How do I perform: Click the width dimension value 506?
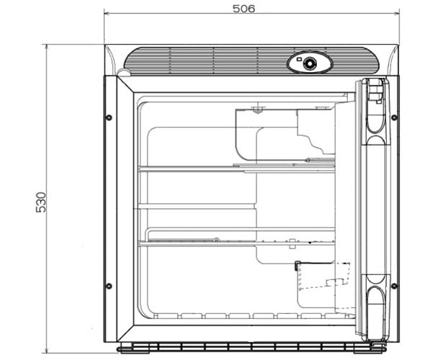pos(243,9)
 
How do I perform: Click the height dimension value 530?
pos(41,202)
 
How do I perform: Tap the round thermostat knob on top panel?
pos(309,63)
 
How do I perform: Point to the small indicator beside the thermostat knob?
pos(299,60)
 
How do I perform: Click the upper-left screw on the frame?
pos(109,117)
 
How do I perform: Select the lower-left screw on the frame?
pos(109,286)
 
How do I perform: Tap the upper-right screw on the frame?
pos(394,117)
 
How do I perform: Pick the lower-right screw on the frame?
pos(394,286)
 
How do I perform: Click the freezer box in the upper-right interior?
pos(285,134)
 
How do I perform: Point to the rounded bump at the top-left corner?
pos(124,72)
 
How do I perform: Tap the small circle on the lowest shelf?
pos(216,240)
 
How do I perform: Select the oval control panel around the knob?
pos(310,63)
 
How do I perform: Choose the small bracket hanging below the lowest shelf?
pos(292,244)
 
